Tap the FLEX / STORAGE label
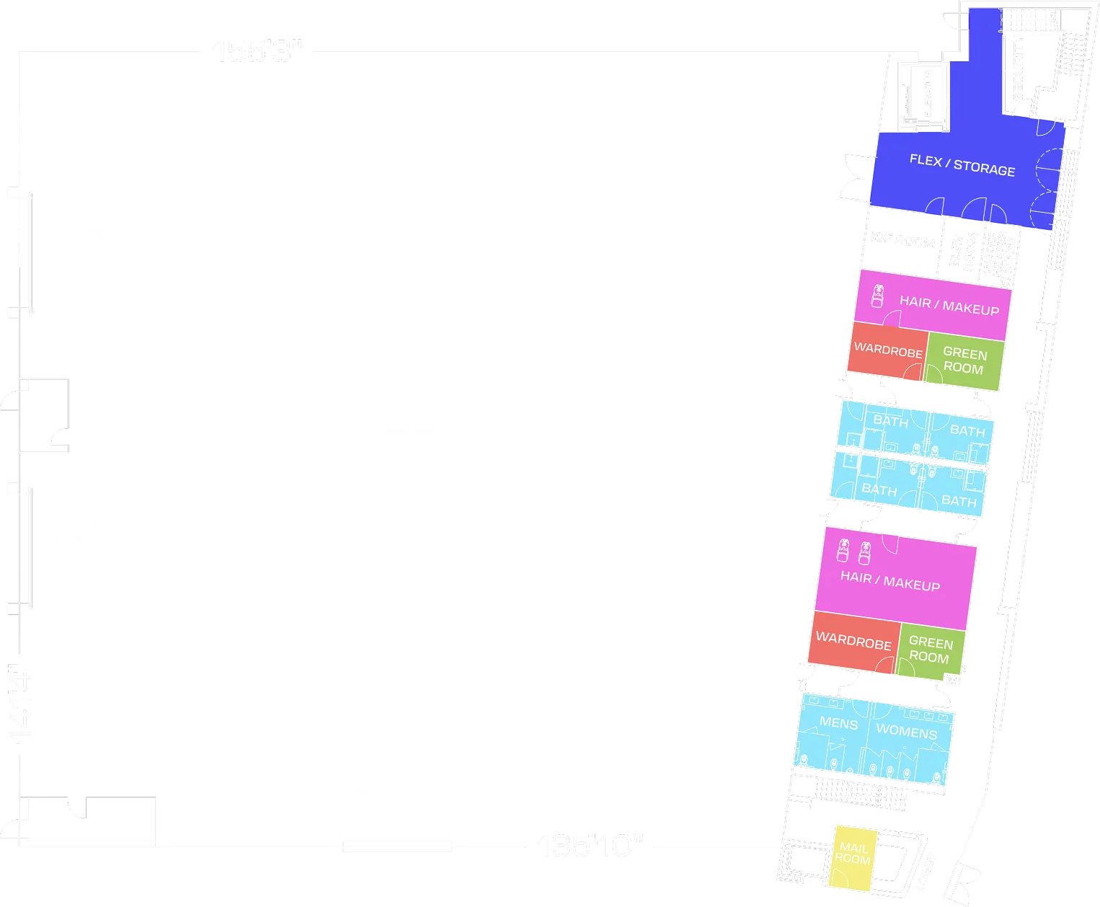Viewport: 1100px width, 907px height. pyautogui.click(x=962, y=165)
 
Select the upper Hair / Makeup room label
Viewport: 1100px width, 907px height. pyautogui.click(x=949, y=305)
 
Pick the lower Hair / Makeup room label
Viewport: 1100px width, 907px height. pyautogui.click(x=890, y=581)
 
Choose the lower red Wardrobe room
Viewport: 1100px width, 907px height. pyautogui.click(x=853, y=640)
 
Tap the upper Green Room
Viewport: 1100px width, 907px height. pyautogui.click(x=964, y=360)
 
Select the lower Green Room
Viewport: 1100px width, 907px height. pyautogui.click(x=930, y=650)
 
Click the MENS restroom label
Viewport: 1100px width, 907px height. pyautogui.click(x=838, y=723)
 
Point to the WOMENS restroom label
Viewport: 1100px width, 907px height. pyautogui.click(x=906, y=732)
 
